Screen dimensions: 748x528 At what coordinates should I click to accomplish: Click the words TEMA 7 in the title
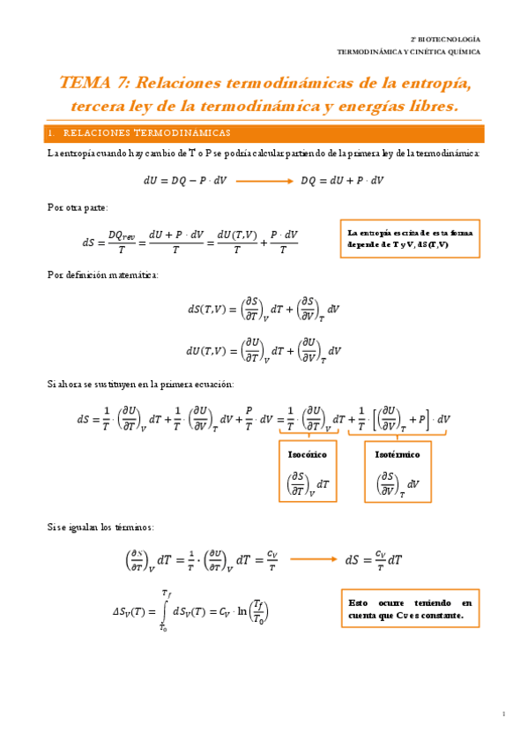tap(93, 84)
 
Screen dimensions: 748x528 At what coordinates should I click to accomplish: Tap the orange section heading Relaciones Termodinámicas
tap(147, 133)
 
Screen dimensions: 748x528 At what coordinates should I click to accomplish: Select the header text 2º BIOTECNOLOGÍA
tap(446, 41)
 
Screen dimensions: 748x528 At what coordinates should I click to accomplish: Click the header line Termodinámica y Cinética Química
tap(409, 52)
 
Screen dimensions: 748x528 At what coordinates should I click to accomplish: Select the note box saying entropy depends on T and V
tap(409, 238)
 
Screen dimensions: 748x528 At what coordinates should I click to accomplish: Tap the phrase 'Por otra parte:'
tap(78, 207)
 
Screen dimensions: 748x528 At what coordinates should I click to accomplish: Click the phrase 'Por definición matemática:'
tap(102, 274)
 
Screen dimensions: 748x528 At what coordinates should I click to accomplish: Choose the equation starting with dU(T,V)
tap(264, 350)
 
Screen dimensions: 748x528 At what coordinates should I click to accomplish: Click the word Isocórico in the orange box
tap(308, 454)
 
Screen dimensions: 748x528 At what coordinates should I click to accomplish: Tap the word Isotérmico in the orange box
tap(398, 454)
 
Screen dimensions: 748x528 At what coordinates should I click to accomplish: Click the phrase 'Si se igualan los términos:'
tap(100, 527)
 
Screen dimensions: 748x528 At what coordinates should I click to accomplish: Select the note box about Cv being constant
tap(409, 609)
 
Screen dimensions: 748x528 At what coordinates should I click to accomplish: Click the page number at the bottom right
tap(502, 713)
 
